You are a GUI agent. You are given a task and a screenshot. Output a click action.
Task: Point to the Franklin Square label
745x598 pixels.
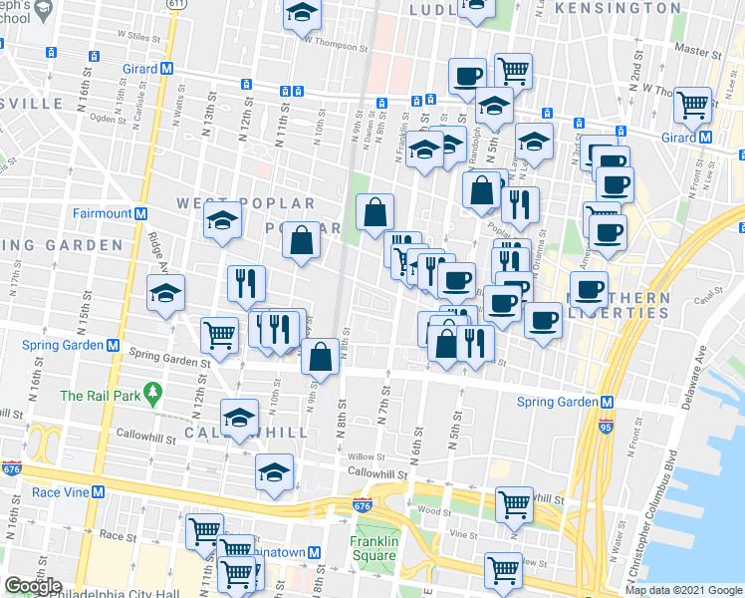point(374,549)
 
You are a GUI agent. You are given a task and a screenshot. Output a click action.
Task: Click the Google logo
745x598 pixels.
point(33,586)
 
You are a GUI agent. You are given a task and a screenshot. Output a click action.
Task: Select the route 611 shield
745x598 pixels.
point(175,6)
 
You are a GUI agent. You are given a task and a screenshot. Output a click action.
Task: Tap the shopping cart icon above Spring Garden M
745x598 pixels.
point(220,336)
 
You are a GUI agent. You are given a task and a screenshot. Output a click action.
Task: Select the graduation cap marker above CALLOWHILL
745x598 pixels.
point(239,418)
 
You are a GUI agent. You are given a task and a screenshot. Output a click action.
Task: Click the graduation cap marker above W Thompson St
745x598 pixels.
point(301,13)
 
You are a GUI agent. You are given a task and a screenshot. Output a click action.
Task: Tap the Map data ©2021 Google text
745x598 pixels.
point(683,589)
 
